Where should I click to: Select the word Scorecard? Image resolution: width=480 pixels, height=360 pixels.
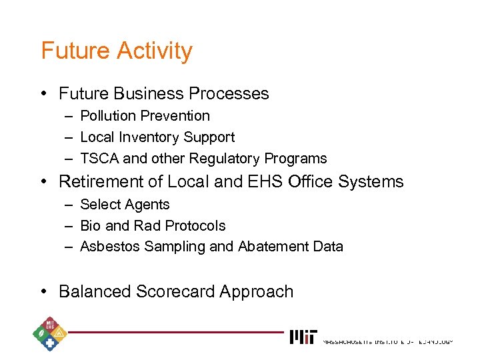(x=176, y=292)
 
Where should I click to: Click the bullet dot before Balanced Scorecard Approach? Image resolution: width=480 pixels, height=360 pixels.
(x=43, y=292)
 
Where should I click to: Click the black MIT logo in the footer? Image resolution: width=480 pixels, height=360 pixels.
(x=304, y=337)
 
